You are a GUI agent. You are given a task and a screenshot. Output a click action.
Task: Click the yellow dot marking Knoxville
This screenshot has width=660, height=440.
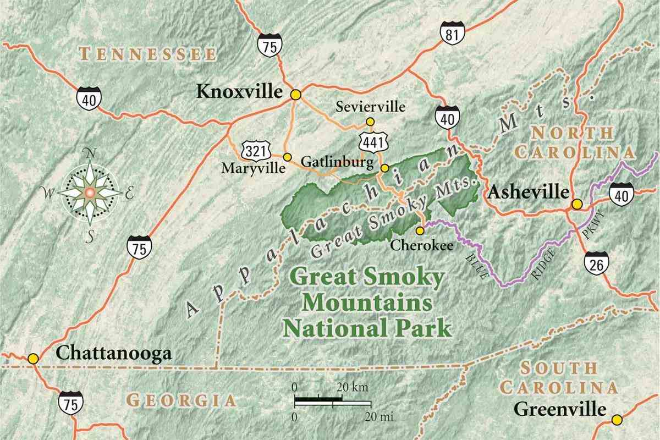tap(296, 95)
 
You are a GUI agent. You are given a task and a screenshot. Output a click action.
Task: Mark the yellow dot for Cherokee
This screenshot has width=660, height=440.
tap(420, 230)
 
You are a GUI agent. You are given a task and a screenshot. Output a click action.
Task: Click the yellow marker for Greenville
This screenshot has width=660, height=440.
tap(618, 419)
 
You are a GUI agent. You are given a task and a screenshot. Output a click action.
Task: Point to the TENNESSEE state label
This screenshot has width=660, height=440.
tap(147, 54)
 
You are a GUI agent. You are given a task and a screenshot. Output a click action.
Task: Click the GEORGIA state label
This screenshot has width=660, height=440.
tap(180, 400)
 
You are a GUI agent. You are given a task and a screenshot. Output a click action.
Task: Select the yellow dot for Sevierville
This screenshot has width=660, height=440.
tap(370, 121)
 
